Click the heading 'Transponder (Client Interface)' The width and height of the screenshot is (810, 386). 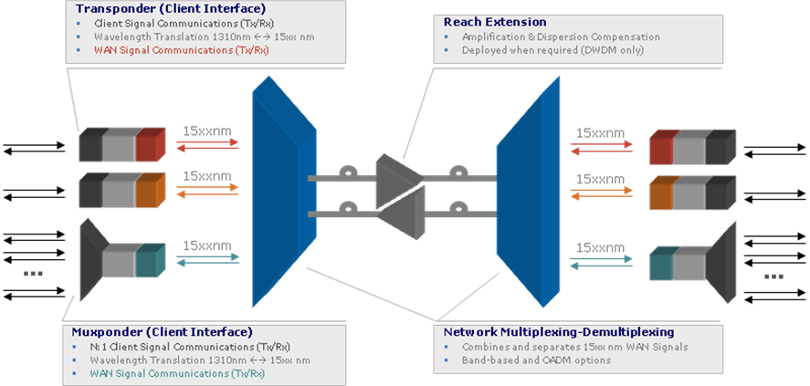(171, 9)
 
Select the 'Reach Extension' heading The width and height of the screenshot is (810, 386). (495, 22)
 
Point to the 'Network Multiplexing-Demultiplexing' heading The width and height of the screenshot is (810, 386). (559, 332)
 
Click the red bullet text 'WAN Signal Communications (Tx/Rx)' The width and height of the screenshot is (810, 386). (182, 50)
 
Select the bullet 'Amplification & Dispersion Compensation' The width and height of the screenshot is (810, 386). (561, 37)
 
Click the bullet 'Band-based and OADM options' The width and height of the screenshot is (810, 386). (536, 360)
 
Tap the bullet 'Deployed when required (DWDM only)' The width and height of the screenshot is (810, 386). (552, 50)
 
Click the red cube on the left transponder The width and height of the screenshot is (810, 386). (151, 144)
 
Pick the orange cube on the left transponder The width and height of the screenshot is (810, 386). (151, 190)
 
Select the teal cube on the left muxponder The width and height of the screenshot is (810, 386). (151, 260)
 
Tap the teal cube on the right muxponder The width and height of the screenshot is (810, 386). (662, 264)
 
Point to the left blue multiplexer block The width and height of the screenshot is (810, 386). (284, 192)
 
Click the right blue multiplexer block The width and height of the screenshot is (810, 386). (528, 192)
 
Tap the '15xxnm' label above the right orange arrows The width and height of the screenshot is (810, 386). (600, 179)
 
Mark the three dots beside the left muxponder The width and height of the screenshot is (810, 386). (34, 274)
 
